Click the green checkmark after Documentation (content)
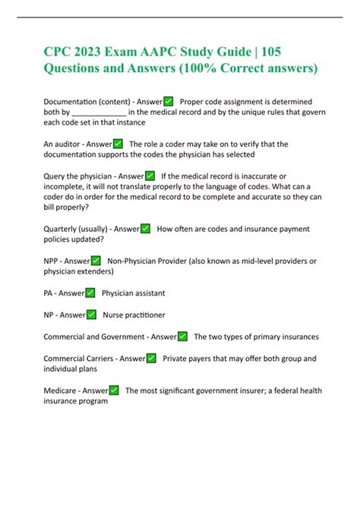pyautogui.click(x=168, y=102)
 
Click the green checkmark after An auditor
pyautogui.click(x=118, y=144)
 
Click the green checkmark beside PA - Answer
pyautogui.click(x=90, y=293)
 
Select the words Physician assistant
pyautogui.click(x=133, y=293)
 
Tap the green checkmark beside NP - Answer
pyautogui.click(x=91, y=315)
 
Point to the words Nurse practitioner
pyautogui.click(x=134, y=315)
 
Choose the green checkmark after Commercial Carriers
pyautogui.click(x=151, y=358)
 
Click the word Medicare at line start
pyautogui.click(x=60, y=391)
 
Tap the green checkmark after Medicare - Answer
pyautogui.click(x=114, y=391)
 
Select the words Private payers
pyautogui.click(x=190, y=358)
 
